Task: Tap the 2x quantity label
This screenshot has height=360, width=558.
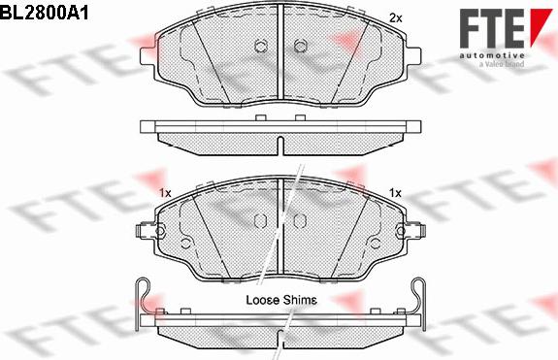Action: tap(394, 18)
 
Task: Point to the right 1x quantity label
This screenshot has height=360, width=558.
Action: tap(394, 193)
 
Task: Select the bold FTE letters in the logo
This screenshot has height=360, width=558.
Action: tap(492, 28)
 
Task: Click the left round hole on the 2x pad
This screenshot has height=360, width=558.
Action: tap(260, 46)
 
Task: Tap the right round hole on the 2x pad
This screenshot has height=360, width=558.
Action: tap(298, 46)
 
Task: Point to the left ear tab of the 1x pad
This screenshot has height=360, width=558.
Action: tap(145, 233)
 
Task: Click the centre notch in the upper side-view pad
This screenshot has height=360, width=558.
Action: tap(279, 146)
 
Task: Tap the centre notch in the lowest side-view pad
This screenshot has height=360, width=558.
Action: tap(279, 340)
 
